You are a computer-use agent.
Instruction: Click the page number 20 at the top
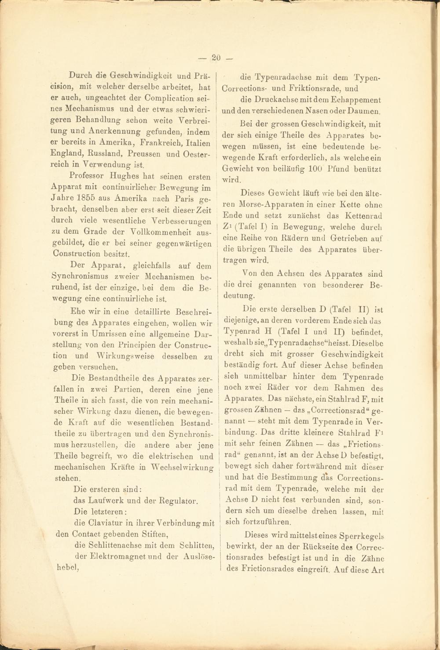[216, 57]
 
